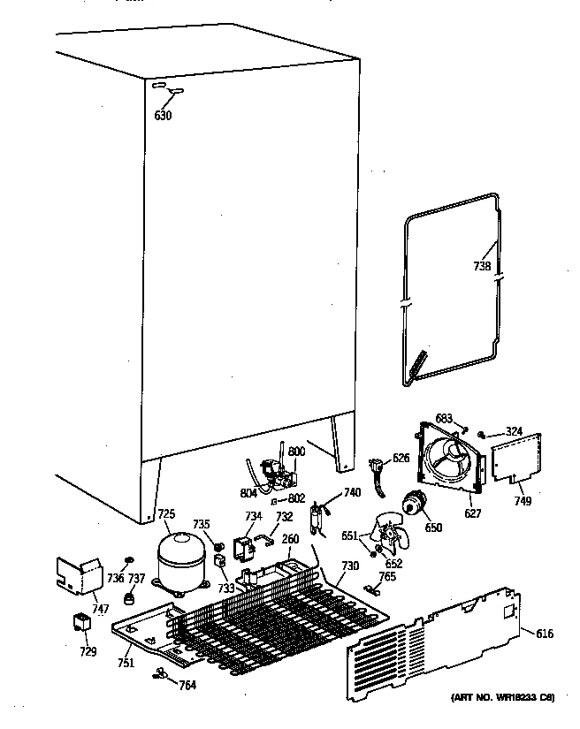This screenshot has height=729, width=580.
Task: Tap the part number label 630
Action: click(x=163, y=115)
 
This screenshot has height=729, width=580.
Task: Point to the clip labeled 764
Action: click(x=161, y=675)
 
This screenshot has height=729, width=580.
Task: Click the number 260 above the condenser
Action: click(x=290, y=540)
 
